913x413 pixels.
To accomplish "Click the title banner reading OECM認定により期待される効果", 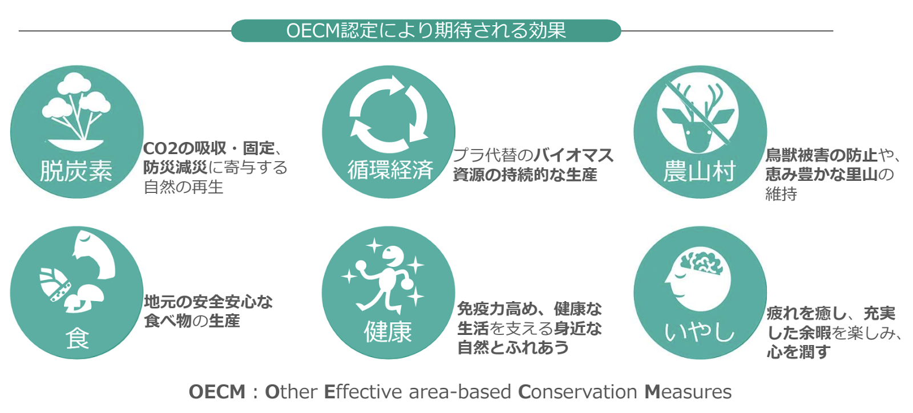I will click(x=426, y=30).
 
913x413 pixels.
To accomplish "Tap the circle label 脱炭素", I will click(x=76, y=171).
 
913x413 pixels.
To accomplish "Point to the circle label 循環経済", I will click(x=390, y=170).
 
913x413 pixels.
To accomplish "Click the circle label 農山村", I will click(x=699, y=171).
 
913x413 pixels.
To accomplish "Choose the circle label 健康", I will click(x=388, y=331).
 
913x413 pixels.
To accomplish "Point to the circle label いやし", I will click(x=699, y=331).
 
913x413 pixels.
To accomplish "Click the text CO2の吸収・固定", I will click(x=209, y=148).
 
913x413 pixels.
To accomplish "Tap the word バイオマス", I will click(x=574, y=155).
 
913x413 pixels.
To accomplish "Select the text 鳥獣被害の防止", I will click(x=821, y=155).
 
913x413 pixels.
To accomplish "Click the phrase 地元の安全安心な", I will click(x=208, y=301).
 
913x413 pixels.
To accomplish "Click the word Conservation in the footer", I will click(x=577, y=392).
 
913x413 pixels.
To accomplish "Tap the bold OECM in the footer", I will click(x=217, y=392).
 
